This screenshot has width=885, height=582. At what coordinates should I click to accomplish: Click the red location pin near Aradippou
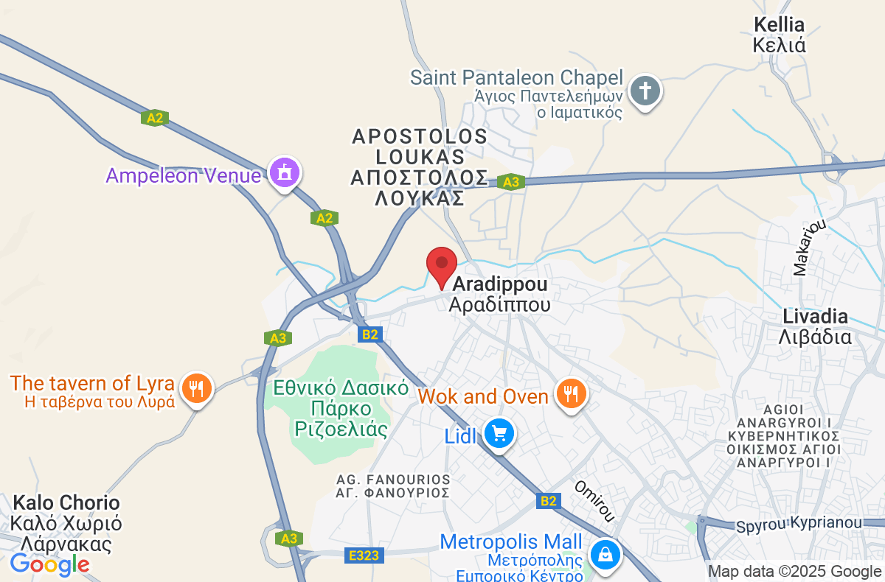point(442,266)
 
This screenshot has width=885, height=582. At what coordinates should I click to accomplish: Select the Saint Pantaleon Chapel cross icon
point(645,92)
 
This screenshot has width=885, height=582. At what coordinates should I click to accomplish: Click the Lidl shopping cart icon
point(499,434)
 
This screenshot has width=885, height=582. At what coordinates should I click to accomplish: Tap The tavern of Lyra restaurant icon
point(196,388)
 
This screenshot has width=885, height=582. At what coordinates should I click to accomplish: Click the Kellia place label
point(779,35)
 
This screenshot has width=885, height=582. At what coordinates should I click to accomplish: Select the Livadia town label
point(816,327)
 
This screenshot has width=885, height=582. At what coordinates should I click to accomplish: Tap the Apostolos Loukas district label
point(420,167)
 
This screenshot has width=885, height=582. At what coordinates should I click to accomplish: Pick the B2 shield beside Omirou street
point(547,501)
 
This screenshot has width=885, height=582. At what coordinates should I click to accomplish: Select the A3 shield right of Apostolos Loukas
point(509,181)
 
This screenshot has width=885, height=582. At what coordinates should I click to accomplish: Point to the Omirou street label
point(595,501)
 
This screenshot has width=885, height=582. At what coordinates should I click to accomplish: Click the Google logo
point(50,564)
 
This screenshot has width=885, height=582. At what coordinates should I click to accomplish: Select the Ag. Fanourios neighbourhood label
point(392,485)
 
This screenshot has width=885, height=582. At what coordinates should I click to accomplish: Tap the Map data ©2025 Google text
point(794,571)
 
